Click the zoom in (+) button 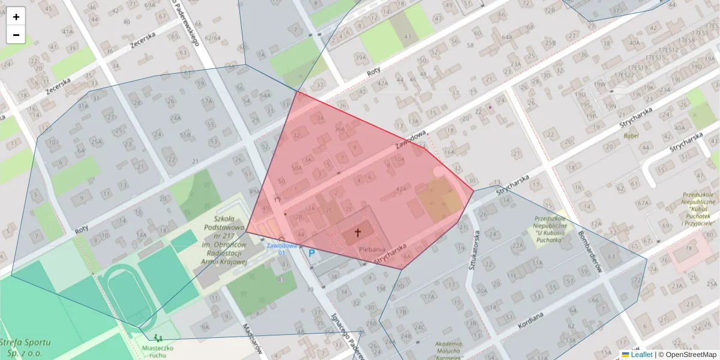pos(16,17)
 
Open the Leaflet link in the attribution pos(641,355)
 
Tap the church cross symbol pos(358,232)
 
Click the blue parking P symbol pos(311,254)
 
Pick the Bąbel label pos(631,136)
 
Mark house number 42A pos(401,189)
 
